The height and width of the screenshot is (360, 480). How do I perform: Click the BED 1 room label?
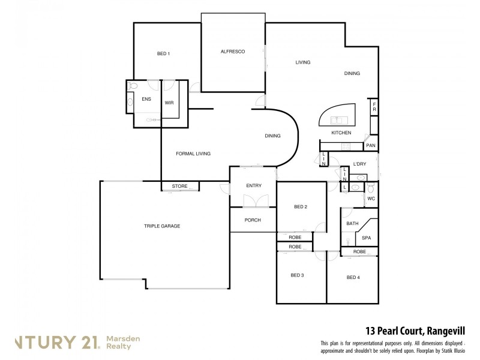[163, 54]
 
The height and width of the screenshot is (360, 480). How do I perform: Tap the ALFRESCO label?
[233, 52]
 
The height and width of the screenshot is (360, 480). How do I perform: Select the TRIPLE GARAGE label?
[162, 226]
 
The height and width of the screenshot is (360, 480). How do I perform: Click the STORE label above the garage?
[179, 187]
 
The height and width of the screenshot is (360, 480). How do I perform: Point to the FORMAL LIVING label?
[193, 154]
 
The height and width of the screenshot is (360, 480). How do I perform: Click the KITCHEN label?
[341, 133]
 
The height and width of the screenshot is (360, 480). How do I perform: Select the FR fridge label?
[374, 107]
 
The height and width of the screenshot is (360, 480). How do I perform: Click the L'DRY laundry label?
[359, 164]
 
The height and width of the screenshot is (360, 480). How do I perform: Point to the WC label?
[371, 198]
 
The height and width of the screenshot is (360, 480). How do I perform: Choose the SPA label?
[366, 238]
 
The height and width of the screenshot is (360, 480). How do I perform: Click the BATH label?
[352, 224]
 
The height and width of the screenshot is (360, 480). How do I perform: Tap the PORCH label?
[253, 220]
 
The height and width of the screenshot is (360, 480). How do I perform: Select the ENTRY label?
[253, 186]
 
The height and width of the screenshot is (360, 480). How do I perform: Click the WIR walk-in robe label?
[169, 103]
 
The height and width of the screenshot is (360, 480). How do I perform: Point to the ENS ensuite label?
[146, 100]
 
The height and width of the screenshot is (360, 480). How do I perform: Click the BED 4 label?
[353, 277]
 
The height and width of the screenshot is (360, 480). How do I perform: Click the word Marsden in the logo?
[124, 339]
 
